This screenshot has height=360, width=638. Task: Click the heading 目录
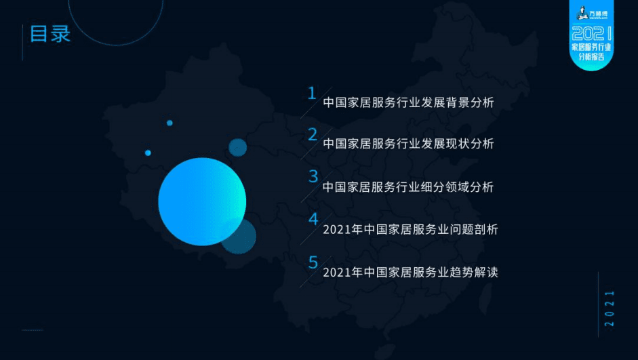pyautogui.click(x=50, y=34)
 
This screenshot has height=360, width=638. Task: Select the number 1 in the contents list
pyautogui.click(x=312, y=93)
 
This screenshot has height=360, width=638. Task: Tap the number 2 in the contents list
pyautogui.click(x=312, y=134)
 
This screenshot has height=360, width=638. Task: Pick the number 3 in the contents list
pyautogui.click(x=313, y=176)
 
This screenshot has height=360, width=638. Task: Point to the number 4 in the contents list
pyautogui.click(x=313, y=219)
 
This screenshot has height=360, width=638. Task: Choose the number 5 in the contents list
pyautogui.click(x=313, y=262)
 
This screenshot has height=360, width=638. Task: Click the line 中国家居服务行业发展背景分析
pyautogui.click(x=408, y=104)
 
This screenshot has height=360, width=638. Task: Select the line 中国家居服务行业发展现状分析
pyautogui.click(x=408, y=144)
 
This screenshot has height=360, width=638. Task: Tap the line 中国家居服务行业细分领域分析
pyautogui.click(x=408, y=187)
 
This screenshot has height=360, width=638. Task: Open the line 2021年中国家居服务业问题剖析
pyautogui.click(x=410, y=230)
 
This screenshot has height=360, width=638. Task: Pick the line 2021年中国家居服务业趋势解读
pyautogui.click(x=410, y=273)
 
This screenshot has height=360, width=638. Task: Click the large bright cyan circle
pyautogui.click(x=201, y=201)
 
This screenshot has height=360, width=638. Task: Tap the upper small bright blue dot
pyautogui.click(x=170, y=123)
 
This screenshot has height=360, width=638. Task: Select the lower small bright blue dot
pyautogui.click(x=148, y=153)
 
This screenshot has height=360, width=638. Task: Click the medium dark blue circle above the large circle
pyautogui.click(x=237, y=147)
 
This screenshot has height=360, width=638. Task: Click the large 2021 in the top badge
pyautogui.click(x=592, y=33)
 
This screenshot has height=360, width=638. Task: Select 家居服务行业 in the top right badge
pyautogui.click(x=592, y=47)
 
